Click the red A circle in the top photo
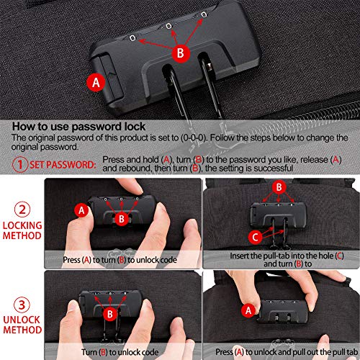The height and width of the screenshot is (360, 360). coord(96,83)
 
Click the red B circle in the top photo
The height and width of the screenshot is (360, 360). coord(181,53)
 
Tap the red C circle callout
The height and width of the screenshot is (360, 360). coord(255,237)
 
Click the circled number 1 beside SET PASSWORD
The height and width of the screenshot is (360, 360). coord(20,164)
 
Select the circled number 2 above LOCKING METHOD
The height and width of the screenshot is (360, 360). coord(22,210)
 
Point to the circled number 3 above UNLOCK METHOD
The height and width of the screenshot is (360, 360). coord(22,305)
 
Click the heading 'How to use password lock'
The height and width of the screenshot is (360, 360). coord(78,127)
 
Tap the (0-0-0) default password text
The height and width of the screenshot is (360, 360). coord(194,138)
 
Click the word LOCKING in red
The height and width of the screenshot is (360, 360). coord(22,225)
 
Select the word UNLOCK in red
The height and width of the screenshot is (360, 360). coord(22,320)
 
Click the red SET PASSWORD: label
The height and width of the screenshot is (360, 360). coord(63,165)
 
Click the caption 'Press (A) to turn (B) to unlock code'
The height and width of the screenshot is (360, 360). coord(120,260)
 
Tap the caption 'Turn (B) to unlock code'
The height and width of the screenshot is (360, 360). coord(120,352)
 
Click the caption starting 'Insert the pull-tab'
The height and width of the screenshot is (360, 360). coord(287,260)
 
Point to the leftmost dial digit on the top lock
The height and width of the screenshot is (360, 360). coord(132,38)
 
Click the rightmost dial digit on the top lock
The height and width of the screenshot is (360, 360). coord(204,14)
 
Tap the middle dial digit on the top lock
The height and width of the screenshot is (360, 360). coord(168,26)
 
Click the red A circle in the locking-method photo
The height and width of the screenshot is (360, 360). coord(81,210)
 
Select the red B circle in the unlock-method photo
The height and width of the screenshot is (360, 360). coord(110,314)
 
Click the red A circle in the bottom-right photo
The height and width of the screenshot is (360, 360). coord(248,310)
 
